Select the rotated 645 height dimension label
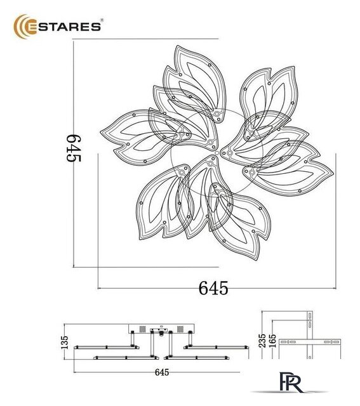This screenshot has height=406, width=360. coord(75,149)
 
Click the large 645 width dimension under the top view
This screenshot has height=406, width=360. coord(214,287)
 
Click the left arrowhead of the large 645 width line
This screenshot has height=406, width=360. coord(99,287)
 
